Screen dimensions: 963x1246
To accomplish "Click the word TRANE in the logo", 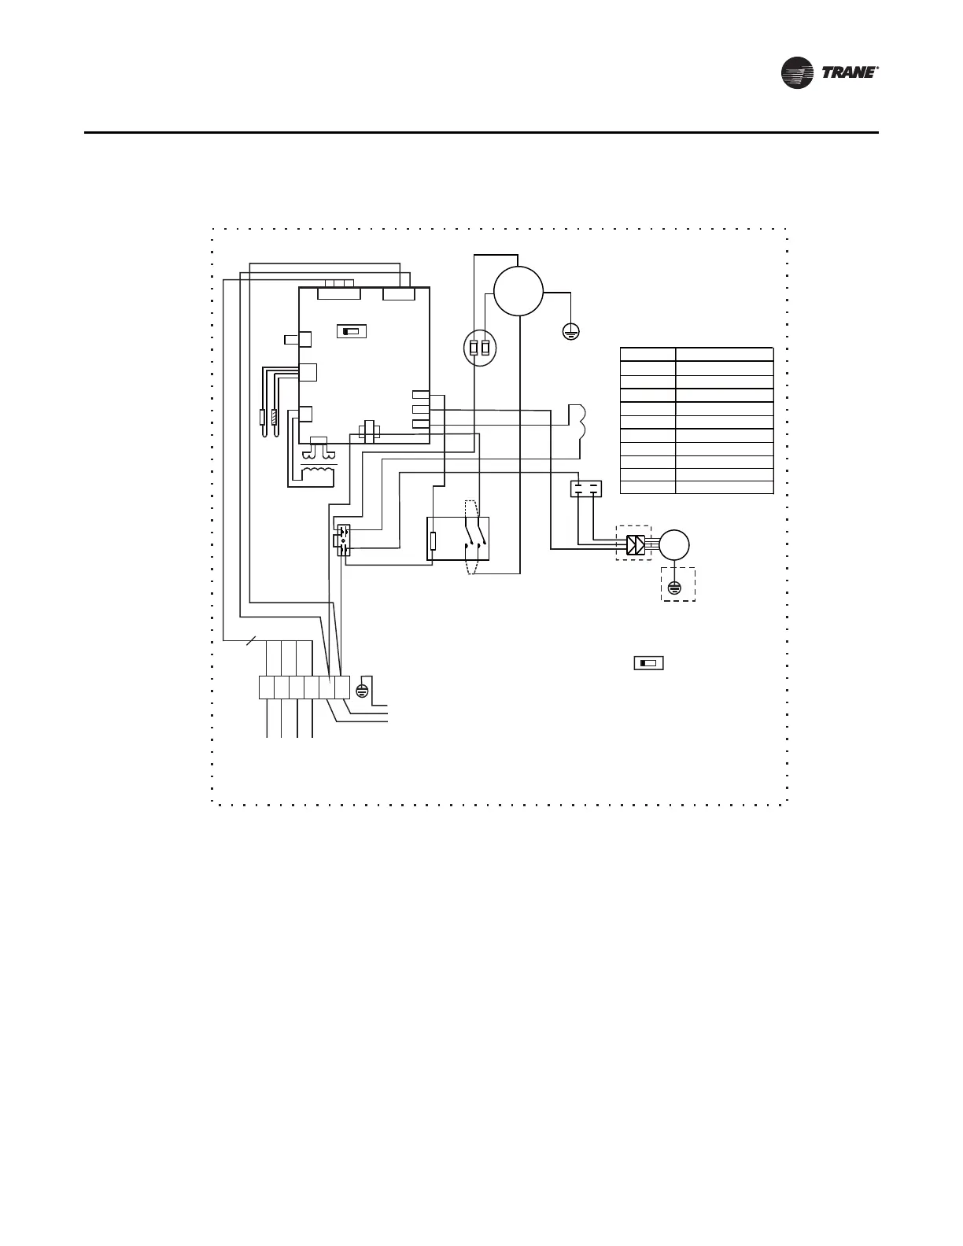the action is [850, 73].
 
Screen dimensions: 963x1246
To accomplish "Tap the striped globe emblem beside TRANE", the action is [798, 73].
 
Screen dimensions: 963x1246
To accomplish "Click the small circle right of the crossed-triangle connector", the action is [673, 544].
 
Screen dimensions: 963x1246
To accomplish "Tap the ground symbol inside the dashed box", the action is [674, 587].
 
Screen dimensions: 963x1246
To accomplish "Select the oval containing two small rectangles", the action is [480, 348].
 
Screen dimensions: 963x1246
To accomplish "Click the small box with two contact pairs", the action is [585, 488].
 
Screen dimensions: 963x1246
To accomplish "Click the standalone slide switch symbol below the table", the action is [648, 663].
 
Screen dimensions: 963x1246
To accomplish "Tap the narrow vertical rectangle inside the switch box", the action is [434, 540].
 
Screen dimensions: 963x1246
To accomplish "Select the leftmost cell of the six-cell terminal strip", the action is [266, 687].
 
